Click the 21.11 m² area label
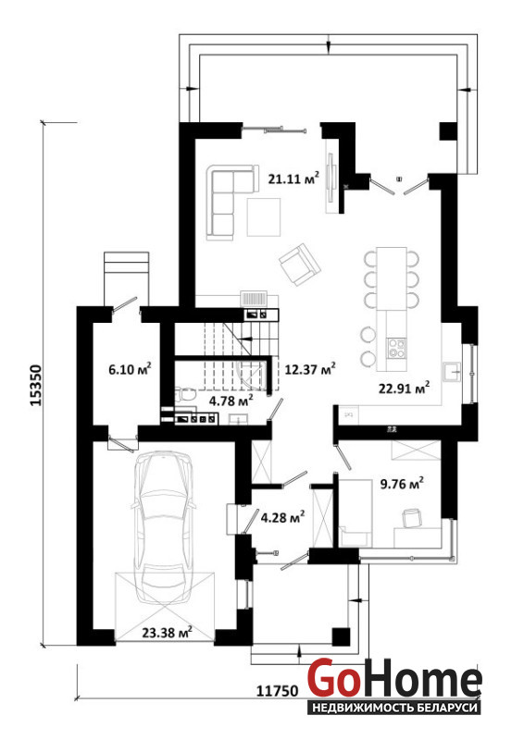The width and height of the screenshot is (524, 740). coord(293,178)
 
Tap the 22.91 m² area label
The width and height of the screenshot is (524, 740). coord(404,388)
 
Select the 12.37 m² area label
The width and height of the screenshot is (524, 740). coord(310,368)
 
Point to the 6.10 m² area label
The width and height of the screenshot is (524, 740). coord(130,368)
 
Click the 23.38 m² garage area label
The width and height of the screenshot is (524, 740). coord(167,632)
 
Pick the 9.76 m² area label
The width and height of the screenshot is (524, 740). coord(402,483)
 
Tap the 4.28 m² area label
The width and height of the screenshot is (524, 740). coord(282,517)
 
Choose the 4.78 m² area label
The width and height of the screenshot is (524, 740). coord(231,401)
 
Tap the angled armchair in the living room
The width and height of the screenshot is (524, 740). coord(300,265)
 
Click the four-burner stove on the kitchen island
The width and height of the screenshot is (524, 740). coord(396,349)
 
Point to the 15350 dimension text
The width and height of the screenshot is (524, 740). coord(36,385)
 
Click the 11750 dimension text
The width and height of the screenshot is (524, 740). coord(278,691)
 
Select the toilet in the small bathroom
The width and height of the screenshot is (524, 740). coord(185,395)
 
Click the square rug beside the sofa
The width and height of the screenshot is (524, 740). coord(264,216)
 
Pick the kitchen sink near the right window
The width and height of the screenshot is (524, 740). coord(452,372)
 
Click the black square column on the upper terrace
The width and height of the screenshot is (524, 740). coord(448,131)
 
